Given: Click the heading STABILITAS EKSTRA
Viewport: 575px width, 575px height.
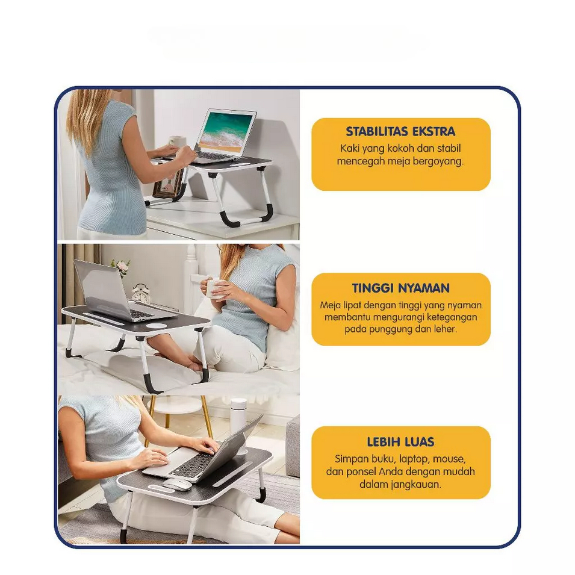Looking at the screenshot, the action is point(400,131).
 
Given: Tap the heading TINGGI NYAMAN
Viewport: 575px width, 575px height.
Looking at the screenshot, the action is point(401,288).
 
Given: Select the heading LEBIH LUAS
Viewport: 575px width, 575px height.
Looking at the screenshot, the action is point(400,442).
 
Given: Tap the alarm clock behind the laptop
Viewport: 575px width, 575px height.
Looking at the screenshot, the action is point(141,293).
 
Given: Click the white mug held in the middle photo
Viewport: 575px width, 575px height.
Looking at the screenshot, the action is point(214,288).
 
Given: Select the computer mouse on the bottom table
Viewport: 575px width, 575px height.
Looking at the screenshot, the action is point(178,485).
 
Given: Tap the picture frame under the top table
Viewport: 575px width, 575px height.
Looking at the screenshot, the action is point(167,186).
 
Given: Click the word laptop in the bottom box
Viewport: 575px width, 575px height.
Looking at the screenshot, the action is point(413,459).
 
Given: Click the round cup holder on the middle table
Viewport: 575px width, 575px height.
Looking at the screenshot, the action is point(156,325).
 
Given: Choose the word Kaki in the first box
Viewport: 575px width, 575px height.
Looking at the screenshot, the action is point(349,149).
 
